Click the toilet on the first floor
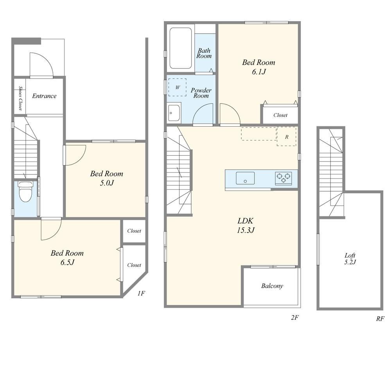[x=26, y=192]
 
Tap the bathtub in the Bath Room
[x=181, y=48]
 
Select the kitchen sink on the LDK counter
[x=246, y=178]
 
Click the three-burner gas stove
[x=283, y=178]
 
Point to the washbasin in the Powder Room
[x=174, y=113]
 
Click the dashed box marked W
[x=177, y=87]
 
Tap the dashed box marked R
[x=287, y=136]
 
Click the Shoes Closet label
[x=20, y=98]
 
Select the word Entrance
[x=44, y=96]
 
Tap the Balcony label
[x=272, y=286]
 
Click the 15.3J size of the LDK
[x=246, y=230]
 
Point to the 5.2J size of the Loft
[x=350, y=262]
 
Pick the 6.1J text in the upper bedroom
[x=259, y=72]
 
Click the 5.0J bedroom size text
[x=107, y=183]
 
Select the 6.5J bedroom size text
[x=67, y=262]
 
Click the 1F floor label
[x=141, y=293]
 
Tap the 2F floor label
[x=295, y=317]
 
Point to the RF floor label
[x=380, y=319]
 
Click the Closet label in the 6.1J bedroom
[x=280, y=115]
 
